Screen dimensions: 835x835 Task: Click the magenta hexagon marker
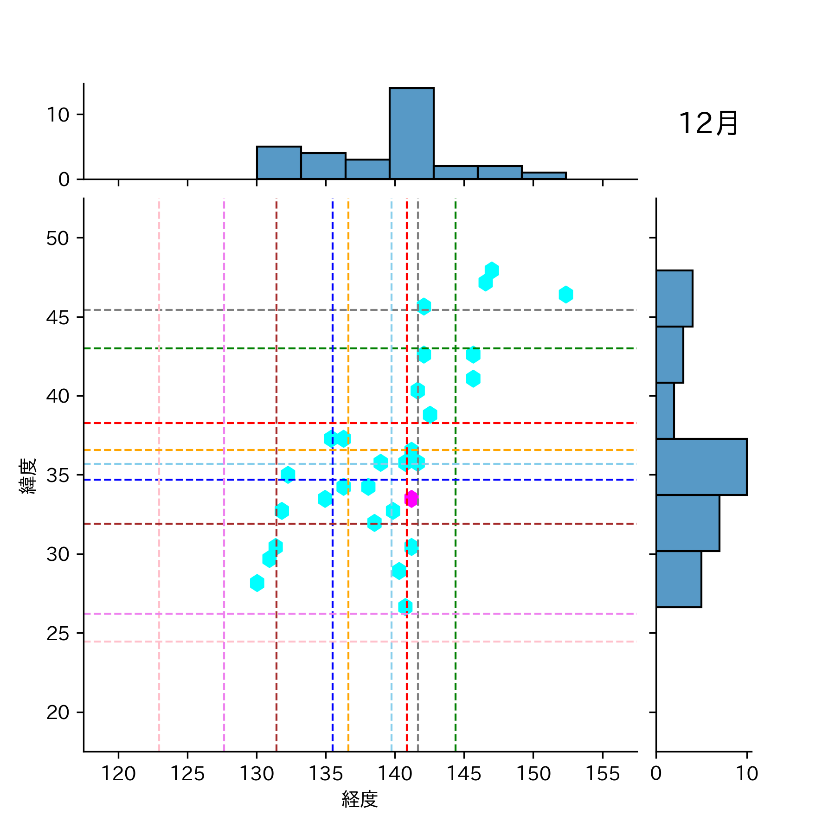[411, 499]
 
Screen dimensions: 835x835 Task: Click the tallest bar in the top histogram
[411, 134]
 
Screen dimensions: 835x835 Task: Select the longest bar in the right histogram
[701, 467]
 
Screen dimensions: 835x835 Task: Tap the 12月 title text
[708, 124]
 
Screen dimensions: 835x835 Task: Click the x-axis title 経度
[360, 799]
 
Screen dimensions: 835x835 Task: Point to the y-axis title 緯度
[28, 476]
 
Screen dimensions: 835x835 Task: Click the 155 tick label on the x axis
[602, 774]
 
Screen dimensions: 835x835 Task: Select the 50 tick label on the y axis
[58, 238]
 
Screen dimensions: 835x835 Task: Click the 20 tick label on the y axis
[58, 713]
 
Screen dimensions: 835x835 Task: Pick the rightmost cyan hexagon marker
[565, 295]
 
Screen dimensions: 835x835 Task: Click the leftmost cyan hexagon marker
[257, 583]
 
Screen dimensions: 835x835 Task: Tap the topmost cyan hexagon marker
[492, 270]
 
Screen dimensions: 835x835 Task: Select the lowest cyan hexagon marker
[405, 607]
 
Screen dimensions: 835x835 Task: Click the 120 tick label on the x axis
[118, 774]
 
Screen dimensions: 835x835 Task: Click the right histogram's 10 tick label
[747, 774]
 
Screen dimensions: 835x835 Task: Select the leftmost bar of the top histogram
[279, 163]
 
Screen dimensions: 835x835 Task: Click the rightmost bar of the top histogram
[544, 176]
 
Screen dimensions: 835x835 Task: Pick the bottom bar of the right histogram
[678, 579]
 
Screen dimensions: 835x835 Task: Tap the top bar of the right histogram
[674, 299]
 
